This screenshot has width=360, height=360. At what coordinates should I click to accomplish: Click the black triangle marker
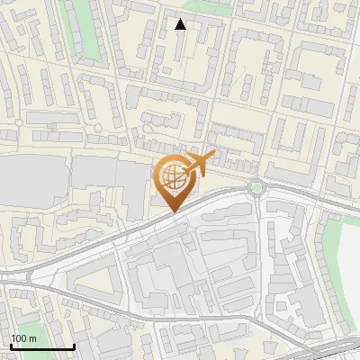click(181, 24)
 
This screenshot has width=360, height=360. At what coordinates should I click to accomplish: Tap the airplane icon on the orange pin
click(197, 165)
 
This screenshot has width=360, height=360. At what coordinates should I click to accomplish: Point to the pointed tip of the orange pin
click(173, 211)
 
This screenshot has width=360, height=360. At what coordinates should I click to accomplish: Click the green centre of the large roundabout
click(257, 187)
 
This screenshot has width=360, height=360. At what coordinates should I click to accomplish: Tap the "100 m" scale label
click(24, 338)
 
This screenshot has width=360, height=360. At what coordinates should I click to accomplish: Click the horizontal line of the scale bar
click(41, 346)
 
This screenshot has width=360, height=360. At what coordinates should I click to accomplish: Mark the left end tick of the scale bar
click(10, 345)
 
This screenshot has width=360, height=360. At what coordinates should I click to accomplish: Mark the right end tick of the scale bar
click(74, 345)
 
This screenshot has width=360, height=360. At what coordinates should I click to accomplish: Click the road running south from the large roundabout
click(258, 234)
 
